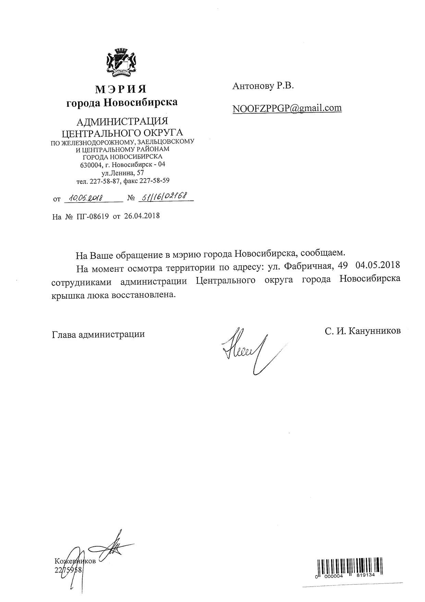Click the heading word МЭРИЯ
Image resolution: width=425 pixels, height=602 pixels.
[x=121, y=89]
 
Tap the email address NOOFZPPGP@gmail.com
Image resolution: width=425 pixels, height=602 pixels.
[x=287, y=108]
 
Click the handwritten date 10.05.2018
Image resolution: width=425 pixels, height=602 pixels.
[x=84, y=198]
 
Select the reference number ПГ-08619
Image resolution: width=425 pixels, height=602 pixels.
[x=93, y=217]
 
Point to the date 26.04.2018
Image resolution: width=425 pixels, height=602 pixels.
[x=142, y=216]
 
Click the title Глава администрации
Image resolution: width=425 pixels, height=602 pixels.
[x=98, y=334]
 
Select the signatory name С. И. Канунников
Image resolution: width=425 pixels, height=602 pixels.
[x=363, y=331]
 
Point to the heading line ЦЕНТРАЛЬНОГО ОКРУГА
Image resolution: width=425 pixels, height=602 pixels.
[x=122, y=132]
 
